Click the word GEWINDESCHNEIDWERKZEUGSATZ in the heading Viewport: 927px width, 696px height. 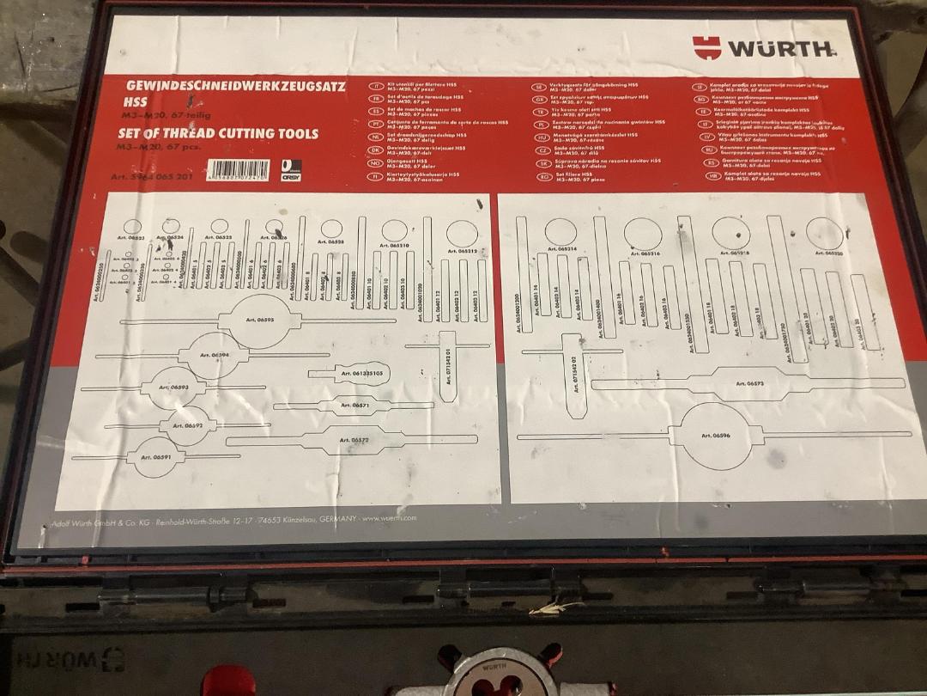(x=236, y=86)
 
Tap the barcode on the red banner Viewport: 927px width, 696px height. (x=239, y=169)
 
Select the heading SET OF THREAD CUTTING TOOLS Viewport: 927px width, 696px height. (x=218, y=133)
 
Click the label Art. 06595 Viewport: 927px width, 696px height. (x=258, y=321)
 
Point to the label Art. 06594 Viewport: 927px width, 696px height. (x=214, y=354)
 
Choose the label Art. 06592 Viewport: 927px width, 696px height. (x=187, y=424)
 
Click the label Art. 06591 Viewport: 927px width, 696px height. (x=157, y=457)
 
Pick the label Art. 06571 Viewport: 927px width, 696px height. (x=354, y=405)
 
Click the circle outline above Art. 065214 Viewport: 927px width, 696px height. (x=559, y=230)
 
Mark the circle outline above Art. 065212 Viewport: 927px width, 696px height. (x=461, y=232)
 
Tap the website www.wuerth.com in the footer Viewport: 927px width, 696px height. (x=389, y=518)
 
